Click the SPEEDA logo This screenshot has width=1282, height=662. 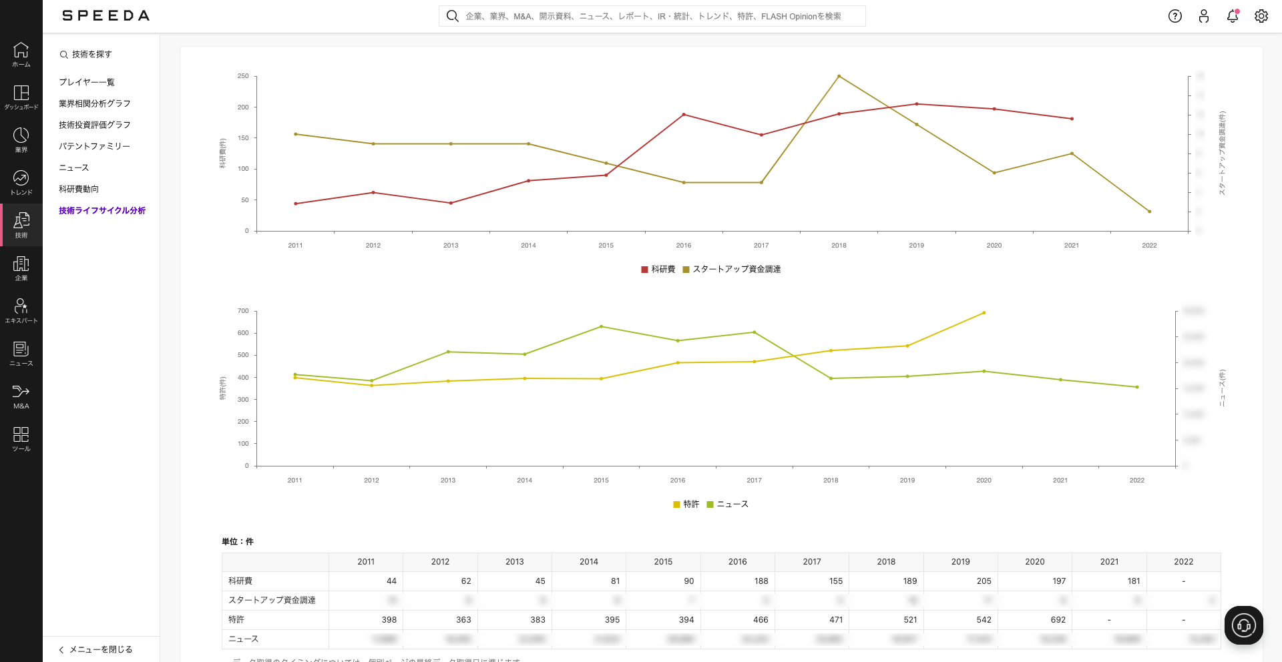(105, 16)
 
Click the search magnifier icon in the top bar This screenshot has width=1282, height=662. (452, 16)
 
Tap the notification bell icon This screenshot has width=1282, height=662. (1233, 16)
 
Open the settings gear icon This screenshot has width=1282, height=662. (1261, 16)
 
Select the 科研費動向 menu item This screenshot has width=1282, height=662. (79, 189)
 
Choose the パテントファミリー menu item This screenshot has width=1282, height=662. (94, 146)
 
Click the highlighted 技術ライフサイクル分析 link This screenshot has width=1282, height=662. (102, 210)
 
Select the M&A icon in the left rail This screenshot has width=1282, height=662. (21, 396)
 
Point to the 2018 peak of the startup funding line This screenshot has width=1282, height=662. (839, 76)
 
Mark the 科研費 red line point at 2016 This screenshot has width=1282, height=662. (684, 115)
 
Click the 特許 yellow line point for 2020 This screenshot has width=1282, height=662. (984, 313)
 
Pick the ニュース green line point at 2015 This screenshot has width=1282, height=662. (601, 326)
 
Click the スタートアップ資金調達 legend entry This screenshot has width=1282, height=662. (732, 269)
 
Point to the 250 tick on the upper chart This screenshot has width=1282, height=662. (243, 76)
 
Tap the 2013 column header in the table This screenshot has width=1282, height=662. (514, 562)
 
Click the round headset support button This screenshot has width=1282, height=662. (1243, 625)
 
